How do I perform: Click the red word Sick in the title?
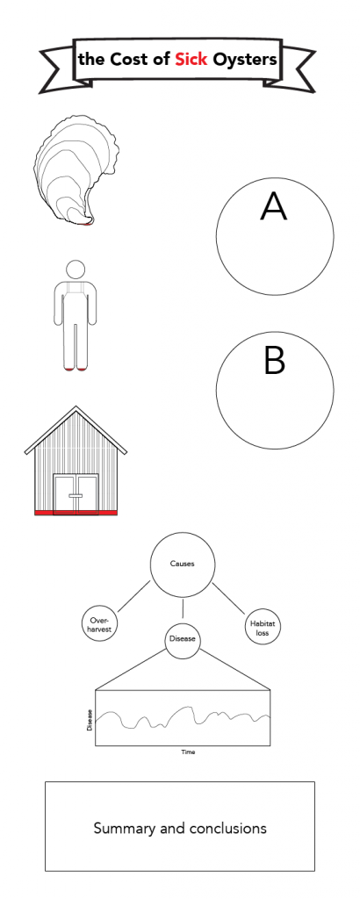click(x=191, y=59)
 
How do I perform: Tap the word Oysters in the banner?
click(x=245, y=60)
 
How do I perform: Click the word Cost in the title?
click(x=127, y=59)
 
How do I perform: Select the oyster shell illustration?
click(x=77, y=169)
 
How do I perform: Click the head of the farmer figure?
click(x=76, y=269)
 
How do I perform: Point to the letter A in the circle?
click(x=273, y=206)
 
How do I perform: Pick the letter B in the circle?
click(x=275, y=361)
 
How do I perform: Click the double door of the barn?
click(x=76, y=495)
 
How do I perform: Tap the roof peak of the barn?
click(x=76, y=407)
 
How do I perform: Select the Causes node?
click(x=183, y=564)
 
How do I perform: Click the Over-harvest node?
click(x=100, y=624)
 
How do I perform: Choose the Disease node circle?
click(x=183, y=640)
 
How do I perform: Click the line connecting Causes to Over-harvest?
click(x=134, y=597)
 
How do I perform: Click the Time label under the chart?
click(x=188, y=752)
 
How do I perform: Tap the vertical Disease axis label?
click(x=90, y=720)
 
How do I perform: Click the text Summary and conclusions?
click(x=180, y=828)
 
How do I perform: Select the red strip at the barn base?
click(x=76, y=513)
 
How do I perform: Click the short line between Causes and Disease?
click(x=183, y=609)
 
